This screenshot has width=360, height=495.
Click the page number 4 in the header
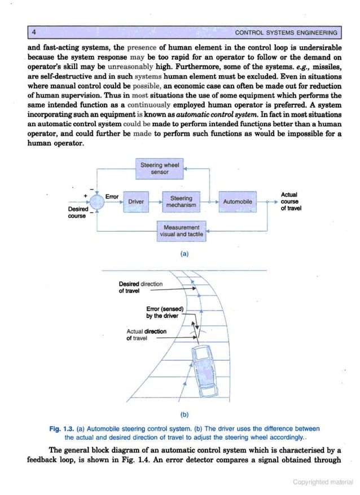point(34,32)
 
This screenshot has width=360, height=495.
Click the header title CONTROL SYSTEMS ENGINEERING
point(286,33)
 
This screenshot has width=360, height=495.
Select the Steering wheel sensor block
point(160,168)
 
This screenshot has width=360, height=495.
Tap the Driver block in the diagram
point(136,201)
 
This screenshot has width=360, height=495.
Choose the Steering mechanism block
point(181,201)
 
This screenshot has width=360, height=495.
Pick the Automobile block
point(238,201)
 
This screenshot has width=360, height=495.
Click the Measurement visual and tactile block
point(181,231)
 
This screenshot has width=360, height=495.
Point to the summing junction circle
point(97,201)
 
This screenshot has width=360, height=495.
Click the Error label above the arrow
point(112,196)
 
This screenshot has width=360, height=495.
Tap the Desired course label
point(77,212)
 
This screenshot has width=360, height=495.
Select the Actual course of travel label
point(290,201)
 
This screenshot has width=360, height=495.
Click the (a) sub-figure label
point(184,254)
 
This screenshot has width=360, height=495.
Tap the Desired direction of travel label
point(140,288)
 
